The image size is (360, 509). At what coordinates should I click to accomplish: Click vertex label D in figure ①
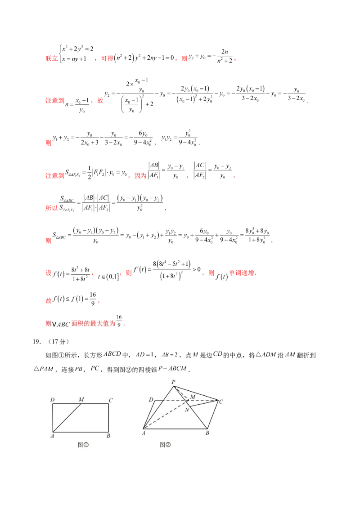(53, 400)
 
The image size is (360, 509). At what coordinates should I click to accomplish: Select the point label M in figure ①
(81, 399)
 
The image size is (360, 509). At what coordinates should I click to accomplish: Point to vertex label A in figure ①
(52, 435)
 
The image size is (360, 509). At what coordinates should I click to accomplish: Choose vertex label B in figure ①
(108, 435)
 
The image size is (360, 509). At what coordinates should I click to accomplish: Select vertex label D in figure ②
(151, 399)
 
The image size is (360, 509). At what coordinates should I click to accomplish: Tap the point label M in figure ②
(193, 396)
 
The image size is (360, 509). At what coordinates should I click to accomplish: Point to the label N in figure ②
(187, 409)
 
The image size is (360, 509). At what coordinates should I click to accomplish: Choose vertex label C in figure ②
(221, 402)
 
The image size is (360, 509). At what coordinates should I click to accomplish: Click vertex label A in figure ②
(144, 433)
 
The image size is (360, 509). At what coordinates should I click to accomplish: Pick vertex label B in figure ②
(207, 433)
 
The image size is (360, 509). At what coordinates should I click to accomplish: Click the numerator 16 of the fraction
(119, 318)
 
